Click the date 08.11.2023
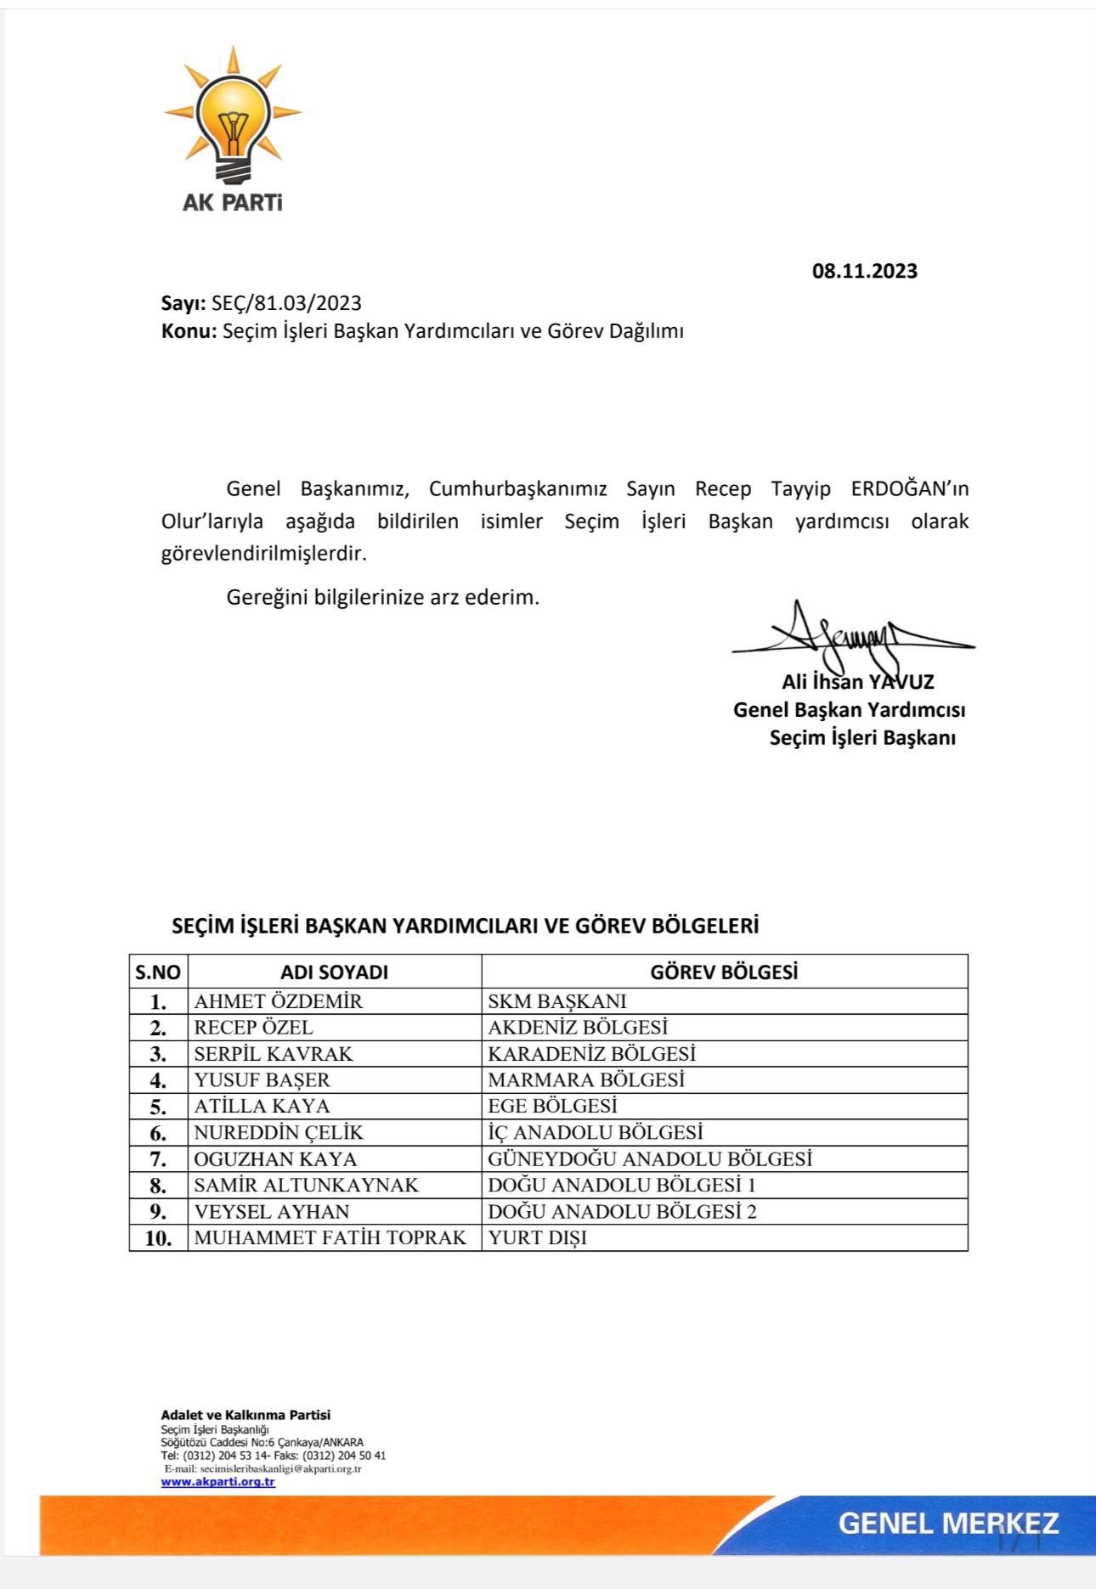tap(864, 271)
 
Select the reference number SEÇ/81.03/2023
tap(286, 303)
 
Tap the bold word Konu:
tap(189, 331)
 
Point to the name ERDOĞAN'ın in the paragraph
tap(909, 489)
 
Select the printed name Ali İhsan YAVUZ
tap(857, 682)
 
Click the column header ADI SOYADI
tap(334, 972)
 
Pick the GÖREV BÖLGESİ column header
tap(724, 972)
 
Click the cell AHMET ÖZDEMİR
tap(278, 1001)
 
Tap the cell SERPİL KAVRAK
tap(273, 1054)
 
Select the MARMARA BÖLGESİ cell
tap(586, 1080)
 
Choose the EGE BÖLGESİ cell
tap(552, 1107)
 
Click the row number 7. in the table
tap(158, 1159)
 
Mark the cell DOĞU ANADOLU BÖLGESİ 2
tap(622, 1212)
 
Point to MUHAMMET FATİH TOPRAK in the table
tap(330, 1238)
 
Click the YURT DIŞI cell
tap(537, 1238)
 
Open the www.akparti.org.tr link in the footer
tap(218, 1482)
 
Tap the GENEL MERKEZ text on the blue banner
tap(948, 1524)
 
